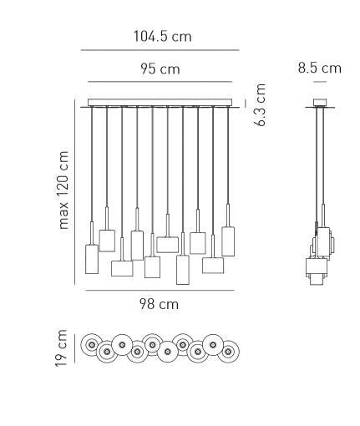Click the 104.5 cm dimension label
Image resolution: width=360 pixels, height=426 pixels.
(163, 37)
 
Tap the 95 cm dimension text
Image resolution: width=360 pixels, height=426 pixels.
(160, 68)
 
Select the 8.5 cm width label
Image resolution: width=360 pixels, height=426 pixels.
(320, 68)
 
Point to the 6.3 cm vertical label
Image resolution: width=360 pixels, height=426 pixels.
(261, 104)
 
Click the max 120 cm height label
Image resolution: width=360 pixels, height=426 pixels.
(63, 190)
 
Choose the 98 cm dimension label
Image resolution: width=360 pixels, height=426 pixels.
(159, 304)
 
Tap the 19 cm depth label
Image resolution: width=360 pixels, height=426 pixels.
(61, 348)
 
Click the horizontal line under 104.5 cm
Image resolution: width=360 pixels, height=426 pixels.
(160, 50)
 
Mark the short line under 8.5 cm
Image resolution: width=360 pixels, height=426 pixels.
(320, 82)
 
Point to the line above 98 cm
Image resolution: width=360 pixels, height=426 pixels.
(160, 291)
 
